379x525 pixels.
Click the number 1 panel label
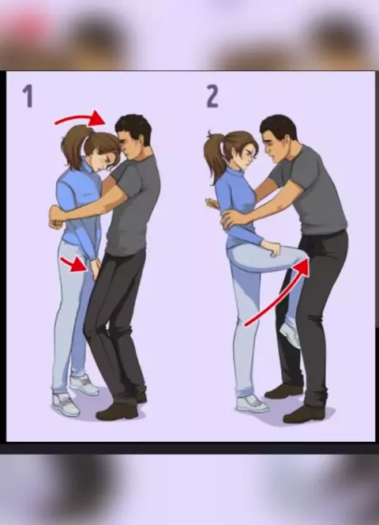[x=28, y=96]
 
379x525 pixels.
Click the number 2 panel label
[x=212, y=96]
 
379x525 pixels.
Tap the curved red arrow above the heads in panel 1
[x=81, y=118]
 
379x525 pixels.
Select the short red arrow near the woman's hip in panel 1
[x=74, y=265]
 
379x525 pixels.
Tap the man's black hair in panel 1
[x=134, y=127]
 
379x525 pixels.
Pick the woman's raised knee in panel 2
[x=299, y=256]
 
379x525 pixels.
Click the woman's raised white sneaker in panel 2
[x=291, y=334]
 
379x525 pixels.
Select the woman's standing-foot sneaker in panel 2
[x=252, y=403]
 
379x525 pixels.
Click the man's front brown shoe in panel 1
[x=117, y=412]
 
